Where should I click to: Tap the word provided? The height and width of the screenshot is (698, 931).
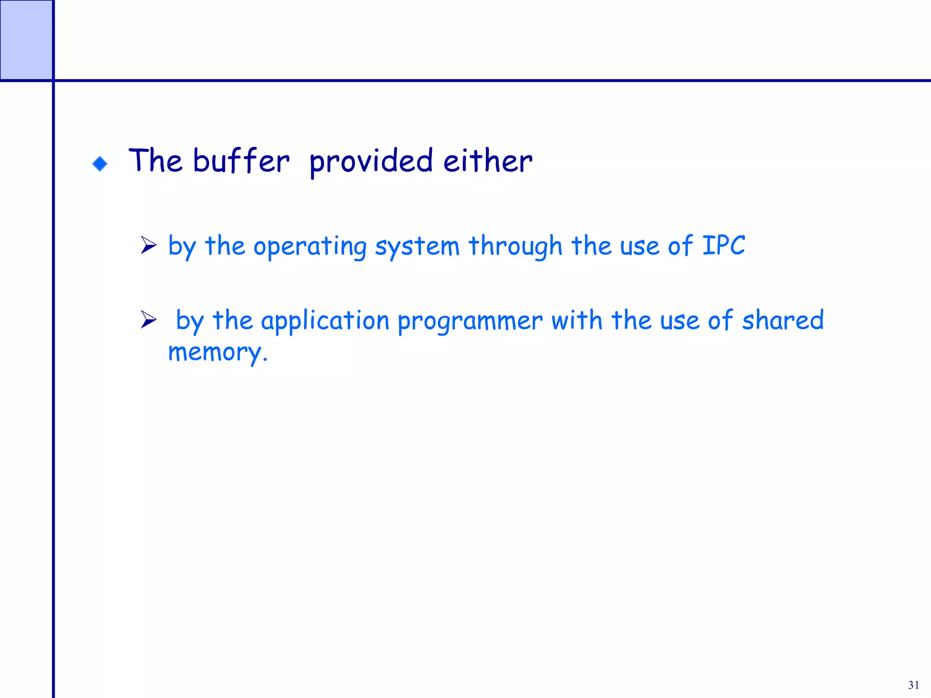[x=371, y=162]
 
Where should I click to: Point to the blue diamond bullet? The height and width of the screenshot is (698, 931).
[x=100, y=164]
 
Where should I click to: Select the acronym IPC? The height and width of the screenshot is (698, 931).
[x=724, y=245]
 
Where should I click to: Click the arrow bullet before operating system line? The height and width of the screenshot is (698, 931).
[x=148, y=245]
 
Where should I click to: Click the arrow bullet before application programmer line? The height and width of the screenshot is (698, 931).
[x=148, y=319]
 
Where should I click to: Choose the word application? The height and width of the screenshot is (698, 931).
[x=325, y=321]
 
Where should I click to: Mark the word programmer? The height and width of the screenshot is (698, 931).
[x=470, y=321]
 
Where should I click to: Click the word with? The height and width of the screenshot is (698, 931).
[x=577, y=320]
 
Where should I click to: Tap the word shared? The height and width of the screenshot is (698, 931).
[x=783, y=320]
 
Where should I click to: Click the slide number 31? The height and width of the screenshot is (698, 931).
[x=914, y=685]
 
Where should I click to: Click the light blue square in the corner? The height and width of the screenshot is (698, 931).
[x=26, y=40]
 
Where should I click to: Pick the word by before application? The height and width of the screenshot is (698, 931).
[x=190, y=321]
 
